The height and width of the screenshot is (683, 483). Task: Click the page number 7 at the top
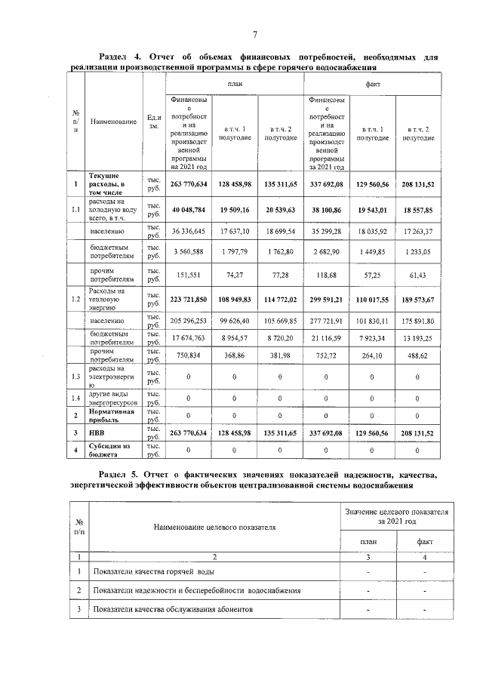pyautogui.click(x=255, y=35)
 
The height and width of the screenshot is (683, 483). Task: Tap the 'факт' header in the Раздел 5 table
pyautogui.click(x=424, y=541)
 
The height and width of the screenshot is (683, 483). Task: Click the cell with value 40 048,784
pyautogui.click(x=189, y=210)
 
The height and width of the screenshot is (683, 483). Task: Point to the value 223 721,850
pyautogui.click(x=189, y=300)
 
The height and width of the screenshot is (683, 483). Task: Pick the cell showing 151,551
pyautogui.click(x=189, y=275)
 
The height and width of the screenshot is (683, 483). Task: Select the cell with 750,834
pyautogui.click(x=189, y=355)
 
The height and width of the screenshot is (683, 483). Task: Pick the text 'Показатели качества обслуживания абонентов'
pyautogui.click(x=173, y=608)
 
